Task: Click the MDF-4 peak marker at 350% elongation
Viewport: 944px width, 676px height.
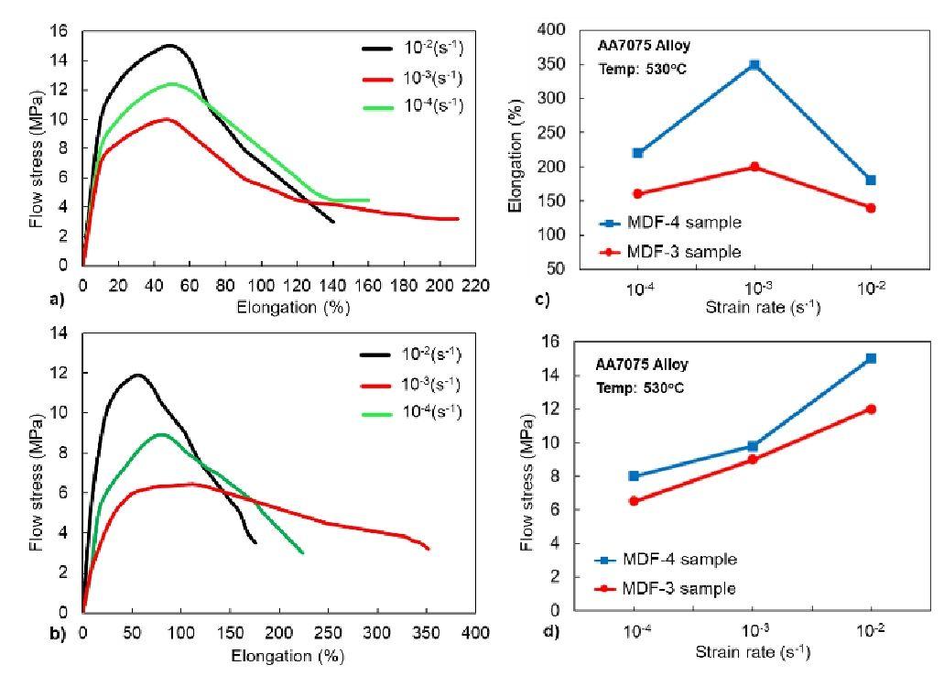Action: [x=754, y=65]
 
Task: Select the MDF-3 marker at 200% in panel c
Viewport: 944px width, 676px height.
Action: [x=754, y=167]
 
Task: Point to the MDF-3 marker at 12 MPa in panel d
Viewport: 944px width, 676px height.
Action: [x=871, y=409]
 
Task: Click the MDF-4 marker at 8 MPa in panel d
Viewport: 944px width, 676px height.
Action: [x=634, y=476]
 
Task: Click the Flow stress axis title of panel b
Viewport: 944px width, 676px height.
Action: [x=36, y=489]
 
